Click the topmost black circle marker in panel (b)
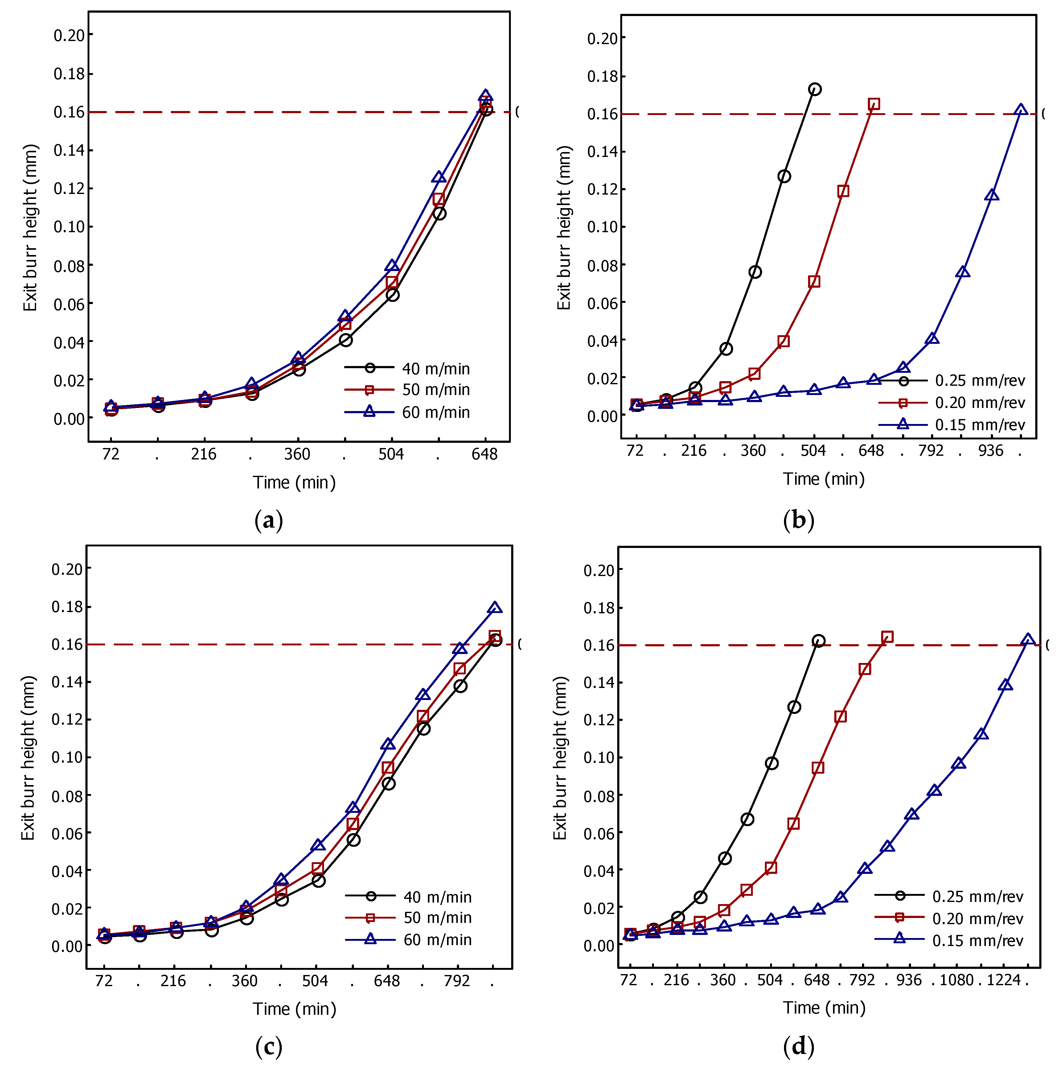[x=815, y=89]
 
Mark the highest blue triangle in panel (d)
[x=1028, y=640]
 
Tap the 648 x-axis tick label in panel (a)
[x=484, y=455]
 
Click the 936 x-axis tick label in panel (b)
[x=991, y=451]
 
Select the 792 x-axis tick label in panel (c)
[x=457, y=981]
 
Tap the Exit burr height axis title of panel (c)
[x=28, y=758]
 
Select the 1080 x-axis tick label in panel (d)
[x=956, y=980]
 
